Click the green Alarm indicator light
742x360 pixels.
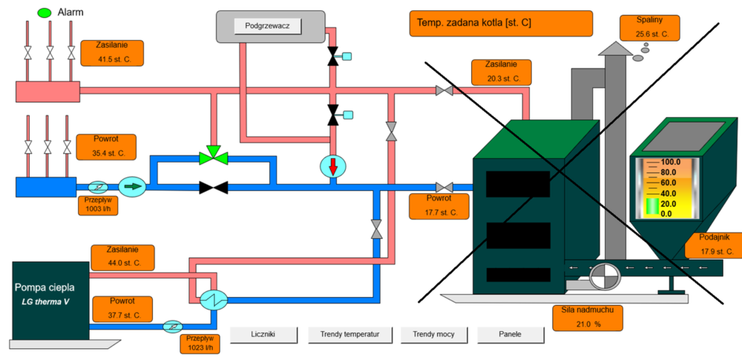(x=44, y=13)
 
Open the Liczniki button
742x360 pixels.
(x=265, y=335)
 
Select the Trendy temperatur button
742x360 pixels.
(x=349, y=335)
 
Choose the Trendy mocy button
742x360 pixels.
(x=433, y=335)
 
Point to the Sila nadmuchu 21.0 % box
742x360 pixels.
(x=587, y=318)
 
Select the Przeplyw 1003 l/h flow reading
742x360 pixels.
(x=97, y=204)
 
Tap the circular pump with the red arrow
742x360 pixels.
(x=332, y=166)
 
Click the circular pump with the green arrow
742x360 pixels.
(x=133, y=186)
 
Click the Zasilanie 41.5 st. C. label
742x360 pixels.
(x=111, y=53)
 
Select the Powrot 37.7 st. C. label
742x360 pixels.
(x=121, y=308)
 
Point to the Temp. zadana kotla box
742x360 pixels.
(x=500, y=24)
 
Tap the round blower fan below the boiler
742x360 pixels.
(x=603, y=277)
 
